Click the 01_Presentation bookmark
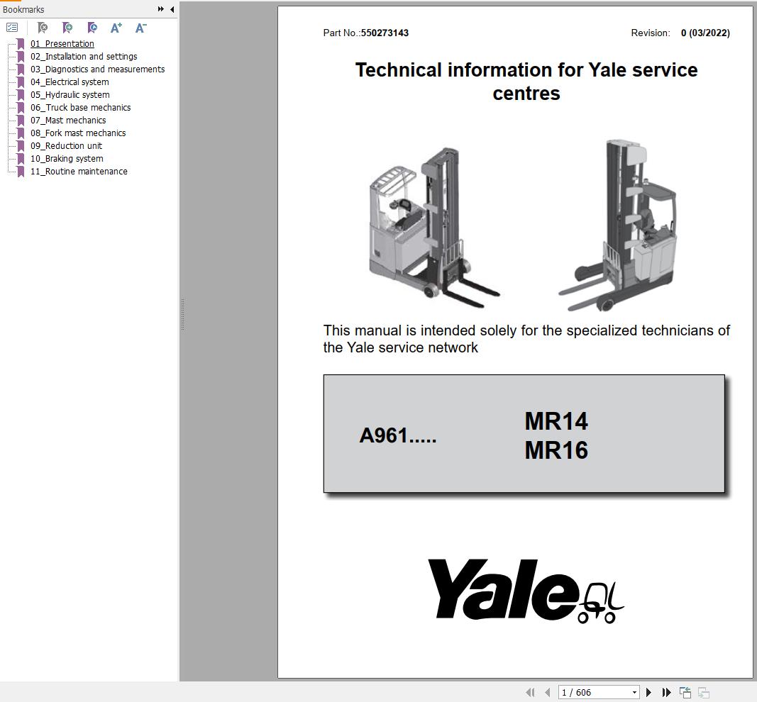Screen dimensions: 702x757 [62, 44]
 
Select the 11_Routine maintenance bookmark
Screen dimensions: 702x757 [78, 172]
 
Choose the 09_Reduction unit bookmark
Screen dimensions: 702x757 [66, 146]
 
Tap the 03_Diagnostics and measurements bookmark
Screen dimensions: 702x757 [97, 69]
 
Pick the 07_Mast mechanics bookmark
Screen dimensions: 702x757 [67, 121]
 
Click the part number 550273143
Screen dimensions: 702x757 [385, 33]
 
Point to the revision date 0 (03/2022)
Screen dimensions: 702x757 [704, 33]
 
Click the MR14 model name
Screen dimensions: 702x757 [556, 421]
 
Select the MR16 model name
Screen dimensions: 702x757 [556, 450]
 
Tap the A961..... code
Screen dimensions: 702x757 [397, 435]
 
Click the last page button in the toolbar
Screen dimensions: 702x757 [666, 692]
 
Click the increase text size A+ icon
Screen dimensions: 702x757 [116, 28]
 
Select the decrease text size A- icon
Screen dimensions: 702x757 [140, 28]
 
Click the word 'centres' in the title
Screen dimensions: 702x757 [526, 94]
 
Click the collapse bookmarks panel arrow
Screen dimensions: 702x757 [172, 9]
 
